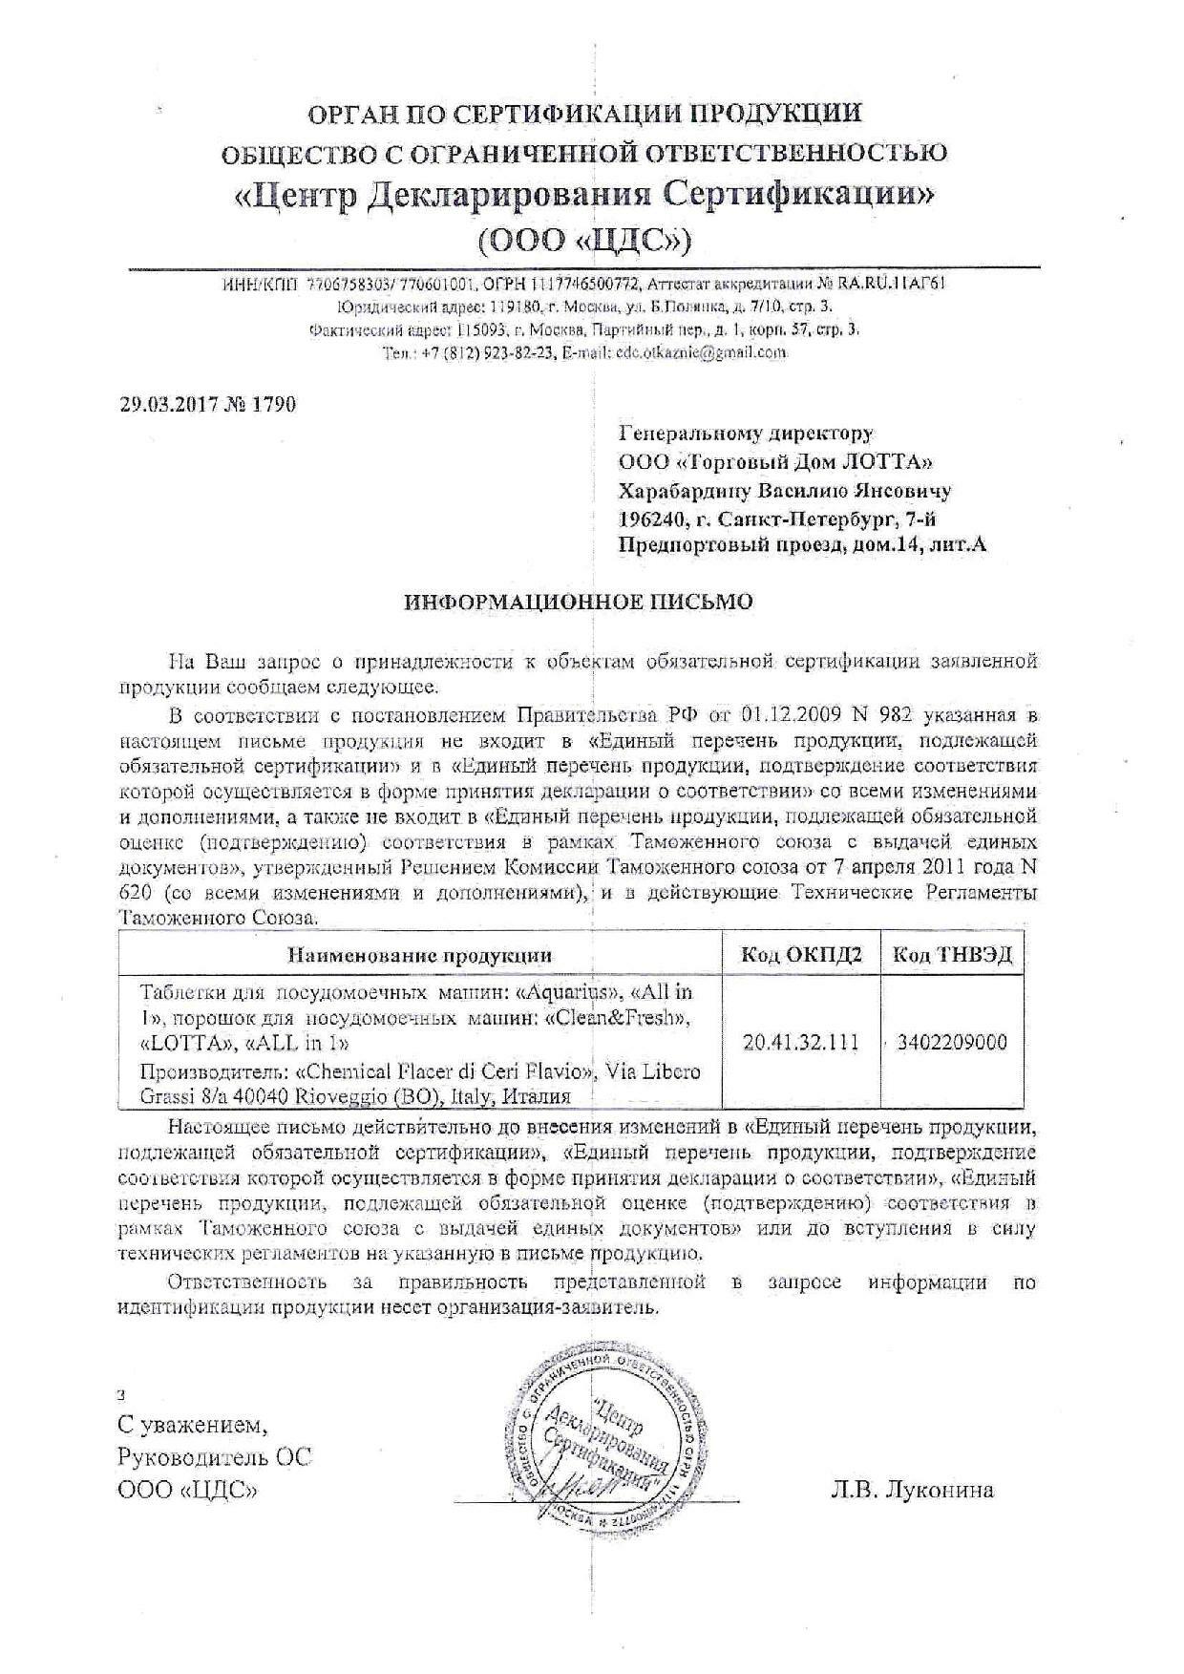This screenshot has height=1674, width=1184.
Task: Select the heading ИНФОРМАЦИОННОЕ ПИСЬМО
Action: click(x=579, y=602)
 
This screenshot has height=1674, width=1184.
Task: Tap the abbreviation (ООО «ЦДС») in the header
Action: click(x=583, y=239)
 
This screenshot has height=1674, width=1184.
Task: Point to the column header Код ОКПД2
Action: click(x=801, y=955)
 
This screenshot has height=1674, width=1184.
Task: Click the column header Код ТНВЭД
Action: click(x=952, y=955)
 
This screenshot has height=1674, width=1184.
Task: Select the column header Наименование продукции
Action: click(x=420, y=955)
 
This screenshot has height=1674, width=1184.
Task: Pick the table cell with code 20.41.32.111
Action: click(x=801, y=1042)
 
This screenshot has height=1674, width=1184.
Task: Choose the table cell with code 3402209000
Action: click(x=952, y=1042)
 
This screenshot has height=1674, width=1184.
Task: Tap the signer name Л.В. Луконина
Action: click(x=912, y=1489)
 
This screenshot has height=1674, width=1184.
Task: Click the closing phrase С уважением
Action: click(x=193, y=1426)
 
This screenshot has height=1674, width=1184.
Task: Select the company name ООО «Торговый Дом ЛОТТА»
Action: click(x=774, y=462)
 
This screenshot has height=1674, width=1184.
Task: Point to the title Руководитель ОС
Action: click(x=215, y=1457)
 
